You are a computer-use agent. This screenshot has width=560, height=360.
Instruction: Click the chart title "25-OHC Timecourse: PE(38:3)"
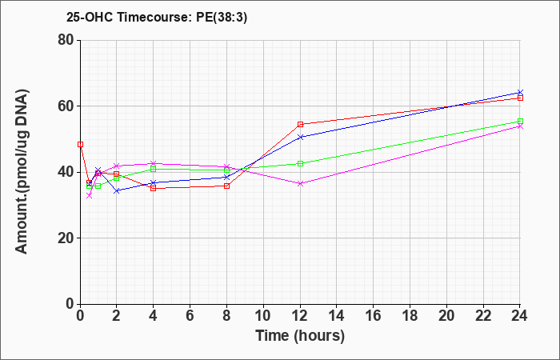pos(157,18)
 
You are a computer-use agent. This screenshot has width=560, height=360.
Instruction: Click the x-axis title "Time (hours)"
pos(300,336)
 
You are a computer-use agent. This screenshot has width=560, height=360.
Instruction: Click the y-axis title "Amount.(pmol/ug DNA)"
pos(22,172)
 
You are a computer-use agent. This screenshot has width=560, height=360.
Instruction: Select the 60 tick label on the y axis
pos(66,106)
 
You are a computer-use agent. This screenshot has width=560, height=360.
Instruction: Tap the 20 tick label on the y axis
pos(66,238)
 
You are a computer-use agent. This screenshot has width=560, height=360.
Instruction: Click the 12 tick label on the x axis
pos(300,316)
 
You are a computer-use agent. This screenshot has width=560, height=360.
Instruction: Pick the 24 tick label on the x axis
pos(520,316)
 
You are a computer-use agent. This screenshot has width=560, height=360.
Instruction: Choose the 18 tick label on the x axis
pos(410,316)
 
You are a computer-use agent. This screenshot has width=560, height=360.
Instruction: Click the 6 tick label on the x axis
pos(190,316)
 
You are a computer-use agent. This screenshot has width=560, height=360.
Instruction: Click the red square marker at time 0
pos(80,144)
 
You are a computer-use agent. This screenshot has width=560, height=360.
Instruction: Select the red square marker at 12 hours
pos(300,124)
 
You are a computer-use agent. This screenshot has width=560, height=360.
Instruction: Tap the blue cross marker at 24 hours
pos(520,93)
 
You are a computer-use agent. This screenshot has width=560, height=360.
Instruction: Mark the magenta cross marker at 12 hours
pos(300,183)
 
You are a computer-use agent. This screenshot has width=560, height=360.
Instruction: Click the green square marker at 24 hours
pos(520,122)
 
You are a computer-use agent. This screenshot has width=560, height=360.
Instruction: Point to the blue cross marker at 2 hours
pos(117,191)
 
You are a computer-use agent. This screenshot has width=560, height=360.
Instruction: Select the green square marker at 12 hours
pos(300,163)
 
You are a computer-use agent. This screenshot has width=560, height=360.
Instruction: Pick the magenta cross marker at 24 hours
pos(520,126)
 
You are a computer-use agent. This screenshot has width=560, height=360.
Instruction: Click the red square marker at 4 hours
pos(154,188)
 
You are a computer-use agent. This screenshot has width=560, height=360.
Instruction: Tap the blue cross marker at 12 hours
pos(300,137)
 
